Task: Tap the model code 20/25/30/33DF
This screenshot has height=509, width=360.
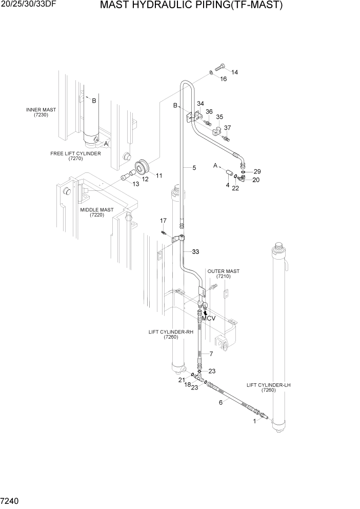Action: click(x=29, y=5)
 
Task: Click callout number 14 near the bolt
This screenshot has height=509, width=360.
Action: click(x=234, y=72)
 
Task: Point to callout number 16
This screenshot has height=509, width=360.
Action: click(x=223, y=79)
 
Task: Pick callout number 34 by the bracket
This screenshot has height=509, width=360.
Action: click(x=200, y=104)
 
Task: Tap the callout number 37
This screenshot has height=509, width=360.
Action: click(x=228, y=128)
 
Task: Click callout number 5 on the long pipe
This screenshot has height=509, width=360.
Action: click(x=194, y=167)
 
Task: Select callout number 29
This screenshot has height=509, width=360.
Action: click(x=257, y=171)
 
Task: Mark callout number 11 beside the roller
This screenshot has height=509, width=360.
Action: click(x=159, y=175)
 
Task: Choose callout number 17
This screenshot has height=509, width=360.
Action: click(x=164, y=221)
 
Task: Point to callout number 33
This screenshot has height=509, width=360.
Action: click(x=195, y=251)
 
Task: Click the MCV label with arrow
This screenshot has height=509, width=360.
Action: click(x=208, y=318)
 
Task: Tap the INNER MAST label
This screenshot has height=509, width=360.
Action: click(x=41, y=112)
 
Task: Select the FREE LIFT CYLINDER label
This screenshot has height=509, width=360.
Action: click(x=75, y=156)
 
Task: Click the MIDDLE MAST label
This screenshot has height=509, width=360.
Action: click(x=97, y=212)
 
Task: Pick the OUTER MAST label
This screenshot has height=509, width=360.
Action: click(x=223, y=273)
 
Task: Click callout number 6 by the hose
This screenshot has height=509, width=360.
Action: click(x=221, y=402)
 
